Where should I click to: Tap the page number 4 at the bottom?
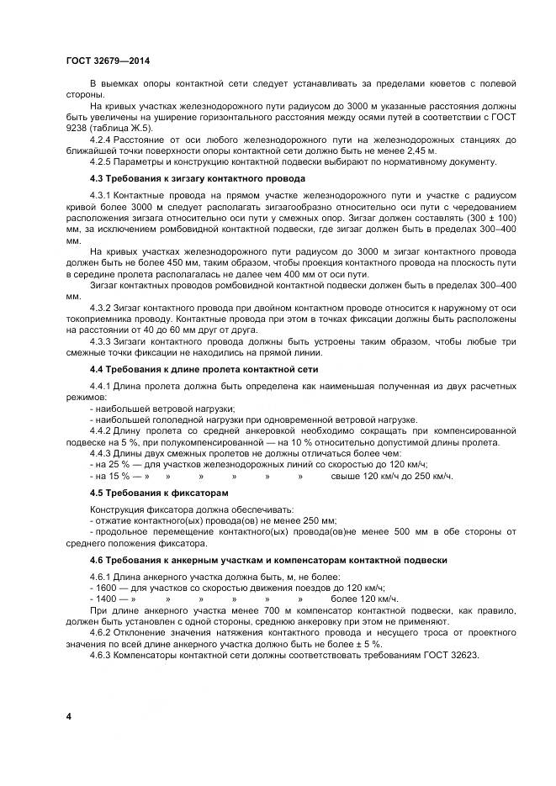[68, 715]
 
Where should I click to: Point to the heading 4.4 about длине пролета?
[193, 369]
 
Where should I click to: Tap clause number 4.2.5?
[104, 161]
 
